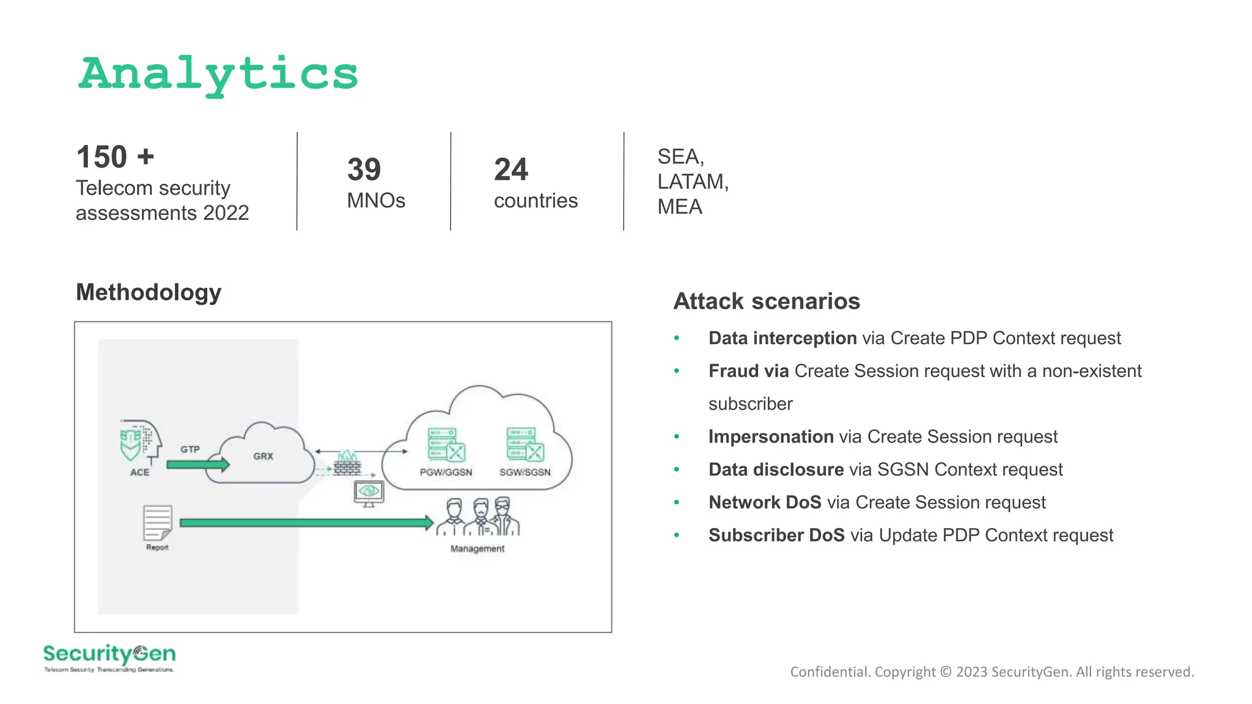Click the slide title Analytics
click(x=218, y=74)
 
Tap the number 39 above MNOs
click(x=364, y=169)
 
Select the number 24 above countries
click(x=510, y=169)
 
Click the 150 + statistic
click(x=115, y=157)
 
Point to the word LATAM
click(x=692, y=182)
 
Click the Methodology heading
click(x=149, y=292)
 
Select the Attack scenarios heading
click(x=767, y=301)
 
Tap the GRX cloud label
click(x=263, y=456)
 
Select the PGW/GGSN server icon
click(x=446, y=445)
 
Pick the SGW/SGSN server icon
click(x=525, y=445)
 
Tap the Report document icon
click(x=157, y=522)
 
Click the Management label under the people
click(x=477, y=549)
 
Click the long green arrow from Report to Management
click(x=306, y=522)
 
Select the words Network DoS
click(x=765, y=502)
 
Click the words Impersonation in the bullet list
click(x=771, y=436)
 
